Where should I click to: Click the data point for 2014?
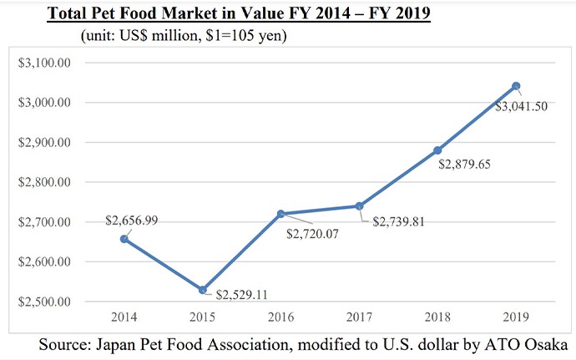124,239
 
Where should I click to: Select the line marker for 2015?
203,290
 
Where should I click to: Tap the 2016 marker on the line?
280,214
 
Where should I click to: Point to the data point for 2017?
359,205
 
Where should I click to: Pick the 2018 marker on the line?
437,150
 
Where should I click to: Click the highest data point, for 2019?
516,86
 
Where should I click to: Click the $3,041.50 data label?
524,107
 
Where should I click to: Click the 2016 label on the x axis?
280,318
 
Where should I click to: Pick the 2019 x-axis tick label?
516,318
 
